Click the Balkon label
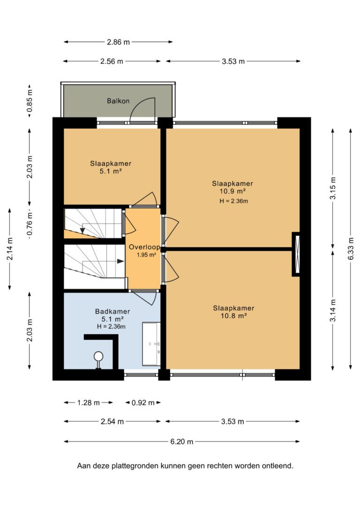(118, 101)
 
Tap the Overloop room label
(144, 247)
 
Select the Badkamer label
(112, 311)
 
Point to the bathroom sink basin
(151, 344)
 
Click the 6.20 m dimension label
(181, 442)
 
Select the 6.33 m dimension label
(351, 249)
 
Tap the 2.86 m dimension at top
(118, 42)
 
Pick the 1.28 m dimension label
(88, 403)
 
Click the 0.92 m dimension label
(143, 403)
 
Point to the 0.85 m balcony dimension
(30, 101)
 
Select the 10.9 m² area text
(232, 191)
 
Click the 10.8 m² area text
(234, 316)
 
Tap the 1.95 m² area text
(146, 255)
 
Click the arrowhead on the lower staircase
(120, 261)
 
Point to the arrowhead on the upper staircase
(82, 231)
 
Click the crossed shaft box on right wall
(296, 254)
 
